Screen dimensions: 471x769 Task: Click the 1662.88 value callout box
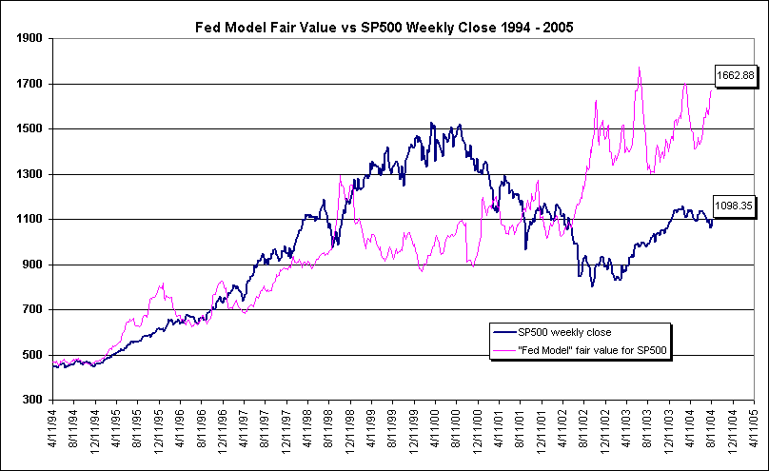pyautogui.click(x=734, y=75)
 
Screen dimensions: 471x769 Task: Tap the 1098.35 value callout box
pyautogui.click(x=734, y=203)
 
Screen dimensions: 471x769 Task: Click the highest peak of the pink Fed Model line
pyautogui.click(x=639, y=68)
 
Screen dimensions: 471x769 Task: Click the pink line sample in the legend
pyautogui.click(x=503, y=350)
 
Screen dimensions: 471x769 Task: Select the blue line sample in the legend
pyautogui.click(x=503, y=332)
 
